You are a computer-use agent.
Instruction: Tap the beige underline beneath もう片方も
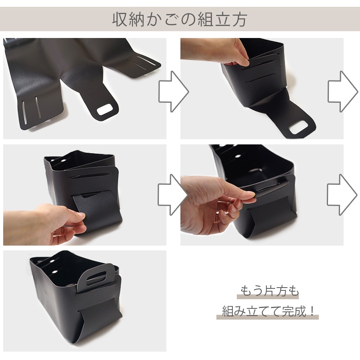click(x=268, y=297)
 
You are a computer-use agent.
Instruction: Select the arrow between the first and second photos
click(x=173, y=91)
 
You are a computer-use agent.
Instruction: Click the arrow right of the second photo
click(x=342, y=91)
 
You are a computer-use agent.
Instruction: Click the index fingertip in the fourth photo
click(x=250, y=194)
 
